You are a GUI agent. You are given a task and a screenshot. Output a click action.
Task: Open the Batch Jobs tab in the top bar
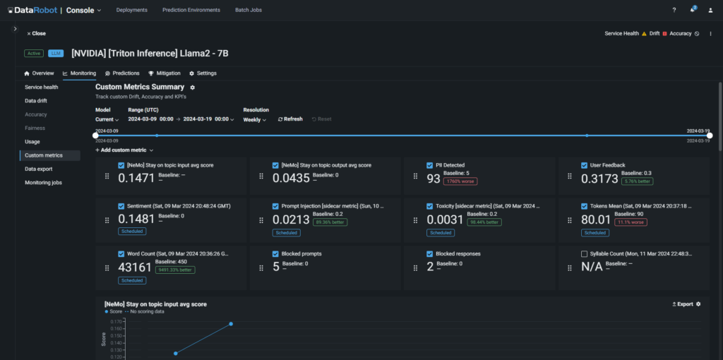249,10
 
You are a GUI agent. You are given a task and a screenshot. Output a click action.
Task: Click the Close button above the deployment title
36,33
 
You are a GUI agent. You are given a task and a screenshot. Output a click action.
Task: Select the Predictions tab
122,73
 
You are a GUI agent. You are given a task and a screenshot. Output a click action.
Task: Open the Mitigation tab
165,73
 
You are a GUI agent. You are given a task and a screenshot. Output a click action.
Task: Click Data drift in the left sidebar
36,101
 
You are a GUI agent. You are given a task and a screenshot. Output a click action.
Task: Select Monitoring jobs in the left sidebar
44,182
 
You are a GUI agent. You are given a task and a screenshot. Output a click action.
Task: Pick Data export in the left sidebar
40,169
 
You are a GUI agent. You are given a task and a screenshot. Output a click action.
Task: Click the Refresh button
290,119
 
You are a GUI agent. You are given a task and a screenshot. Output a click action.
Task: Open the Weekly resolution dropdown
254,119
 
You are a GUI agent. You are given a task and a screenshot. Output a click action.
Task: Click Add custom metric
124,150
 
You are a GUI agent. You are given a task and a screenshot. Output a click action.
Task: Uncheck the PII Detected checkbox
430,165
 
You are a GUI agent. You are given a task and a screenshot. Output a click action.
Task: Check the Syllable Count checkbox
584,254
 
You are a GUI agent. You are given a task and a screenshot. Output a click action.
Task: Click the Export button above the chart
682,304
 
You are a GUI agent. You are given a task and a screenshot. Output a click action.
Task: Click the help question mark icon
674,10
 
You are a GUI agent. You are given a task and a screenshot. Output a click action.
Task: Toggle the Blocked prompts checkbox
275,254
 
